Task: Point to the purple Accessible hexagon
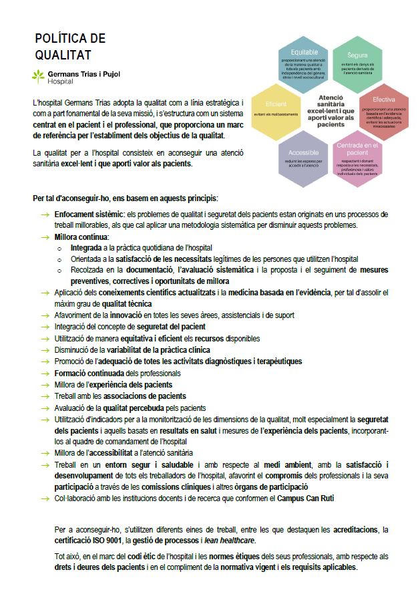point(303,158)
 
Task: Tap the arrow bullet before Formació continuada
point(45,373)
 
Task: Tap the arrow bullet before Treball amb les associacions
point(45,396)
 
